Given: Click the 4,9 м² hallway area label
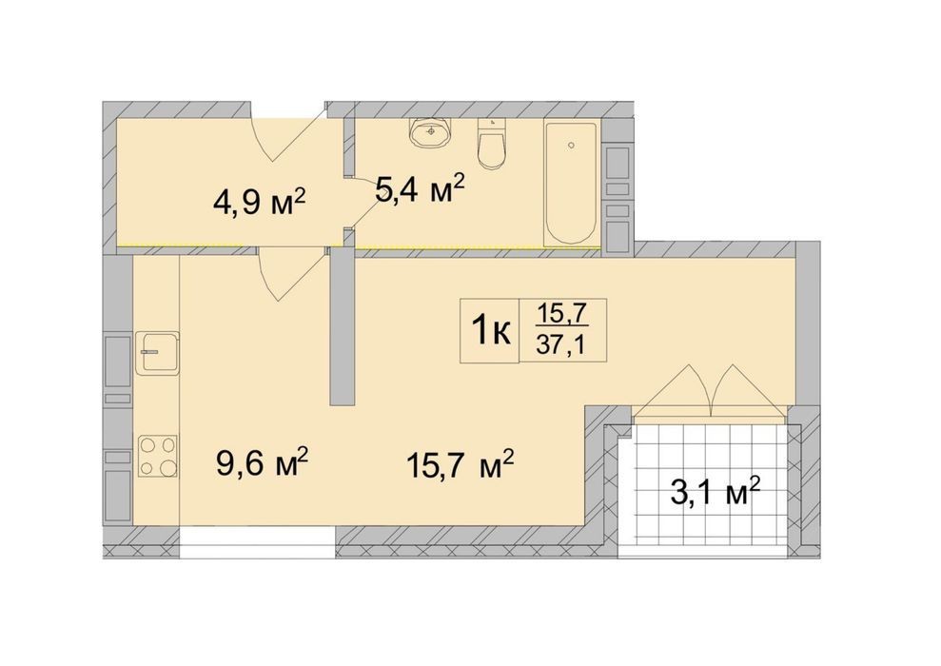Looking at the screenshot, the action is pyautogui.click(x=259, y=204).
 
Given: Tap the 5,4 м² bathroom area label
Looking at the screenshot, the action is pyautogui.click(x=420, y=189).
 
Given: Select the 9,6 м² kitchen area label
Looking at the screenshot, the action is pyautogui.click(x=263, y=462).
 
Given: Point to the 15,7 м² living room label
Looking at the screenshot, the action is pyautogui.click(x=461, y=464).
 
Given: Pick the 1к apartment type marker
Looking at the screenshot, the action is pyautogui.click(x=490, y=330).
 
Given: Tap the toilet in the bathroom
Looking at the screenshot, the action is pyautogui.click(x=492, y=144).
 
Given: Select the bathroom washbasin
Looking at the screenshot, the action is pyautogui.click(x=430, y=132).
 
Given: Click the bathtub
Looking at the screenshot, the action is pyautogui.click(x=571, y=183).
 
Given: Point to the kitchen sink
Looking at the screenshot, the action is pyautogui.click(x=157, y=353).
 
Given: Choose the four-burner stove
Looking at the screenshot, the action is pyautogui.click(x=157, y=456).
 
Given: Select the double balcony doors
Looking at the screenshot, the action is pyautogui.click(x=710, y=390).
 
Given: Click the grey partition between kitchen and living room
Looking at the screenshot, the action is pyautogui.click(x=343, y=327).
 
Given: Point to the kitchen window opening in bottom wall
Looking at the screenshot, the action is pyautogui.click(x=258, y=543).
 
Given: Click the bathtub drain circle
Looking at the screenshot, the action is pyautogui.click(x=571, y=145).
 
